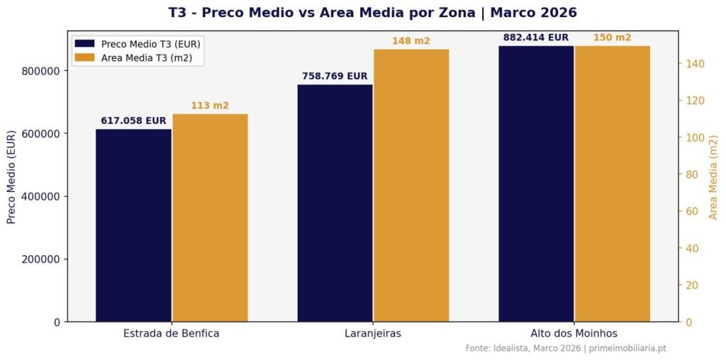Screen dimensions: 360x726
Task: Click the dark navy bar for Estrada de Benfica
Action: [x=133, y=225]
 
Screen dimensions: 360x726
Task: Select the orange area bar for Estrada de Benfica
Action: [x=210, y=218]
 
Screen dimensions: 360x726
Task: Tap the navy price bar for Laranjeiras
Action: [x=335, y=203]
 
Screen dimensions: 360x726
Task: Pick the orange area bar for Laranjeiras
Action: [x=411, y=185]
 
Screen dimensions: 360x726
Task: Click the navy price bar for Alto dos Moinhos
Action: [x=536, y=184]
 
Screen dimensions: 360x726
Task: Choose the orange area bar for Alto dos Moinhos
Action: [x=613, y=184]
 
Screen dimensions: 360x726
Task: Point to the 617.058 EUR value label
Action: [x=133, y=121]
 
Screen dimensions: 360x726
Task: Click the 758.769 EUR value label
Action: [x=335, y=77]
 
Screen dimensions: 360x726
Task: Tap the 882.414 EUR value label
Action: [x=536, y=38]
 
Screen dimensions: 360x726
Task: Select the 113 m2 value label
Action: [x=210, y=106]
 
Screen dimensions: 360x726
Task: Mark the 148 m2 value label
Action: [x=411, y=41]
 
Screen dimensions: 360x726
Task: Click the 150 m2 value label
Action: [x=613, y=38]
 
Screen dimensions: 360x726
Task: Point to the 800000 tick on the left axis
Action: [x=40, y=71]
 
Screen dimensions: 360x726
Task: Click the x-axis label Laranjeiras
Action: [x=373, y=333]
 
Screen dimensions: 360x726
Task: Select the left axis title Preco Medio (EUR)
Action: [x=11, y=176]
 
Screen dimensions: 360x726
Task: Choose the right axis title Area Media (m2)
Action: [x=713, y=176]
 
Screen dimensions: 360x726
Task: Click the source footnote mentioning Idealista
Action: [x=566, y=348]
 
